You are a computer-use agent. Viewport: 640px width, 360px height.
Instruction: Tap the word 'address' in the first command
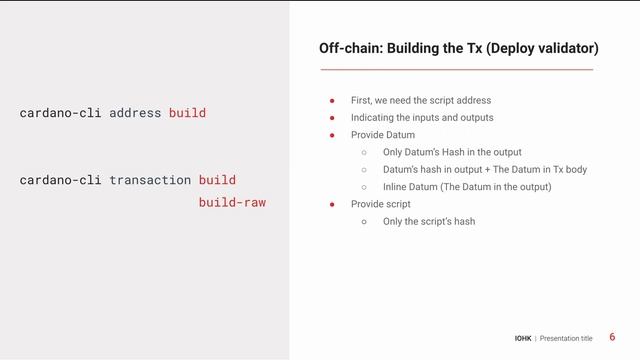click(x=135, y=113)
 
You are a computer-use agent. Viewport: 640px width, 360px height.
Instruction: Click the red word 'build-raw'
click(x=232, y=202)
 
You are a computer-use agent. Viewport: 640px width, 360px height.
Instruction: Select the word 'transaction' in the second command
click(x=150, y=180)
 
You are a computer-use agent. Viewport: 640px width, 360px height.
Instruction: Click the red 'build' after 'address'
click(x=187, y=113)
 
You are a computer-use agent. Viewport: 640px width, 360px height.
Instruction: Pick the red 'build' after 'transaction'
click(x=217, y=180)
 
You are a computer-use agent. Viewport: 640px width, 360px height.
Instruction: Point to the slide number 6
click(x=612, y=337)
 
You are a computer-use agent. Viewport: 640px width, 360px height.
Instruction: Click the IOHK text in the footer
click(x=523, y=338)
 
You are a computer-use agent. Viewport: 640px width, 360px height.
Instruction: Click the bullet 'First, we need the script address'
click(x=420, y=100)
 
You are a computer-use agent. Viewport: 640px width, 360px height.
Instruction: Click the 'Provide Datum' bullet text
click(x=382, y=135)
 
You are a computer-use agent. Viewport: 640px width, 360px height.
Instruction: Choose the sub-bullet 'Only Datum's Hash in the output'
click(x=452, y=152)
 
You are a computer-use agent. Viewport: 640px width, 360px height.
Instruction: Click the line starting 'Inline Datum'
click(x=466, y=187)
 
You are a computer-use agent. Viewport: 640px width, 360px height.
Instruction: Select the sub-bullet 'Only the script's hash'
click(x=428, y=221)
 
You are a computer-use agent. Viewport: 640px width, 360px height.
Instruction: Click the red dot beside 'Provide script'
click(x=332, y=204)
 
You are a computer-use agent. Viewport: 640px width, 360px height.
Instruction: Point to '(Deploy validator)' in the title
click(x=548, y=47)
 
